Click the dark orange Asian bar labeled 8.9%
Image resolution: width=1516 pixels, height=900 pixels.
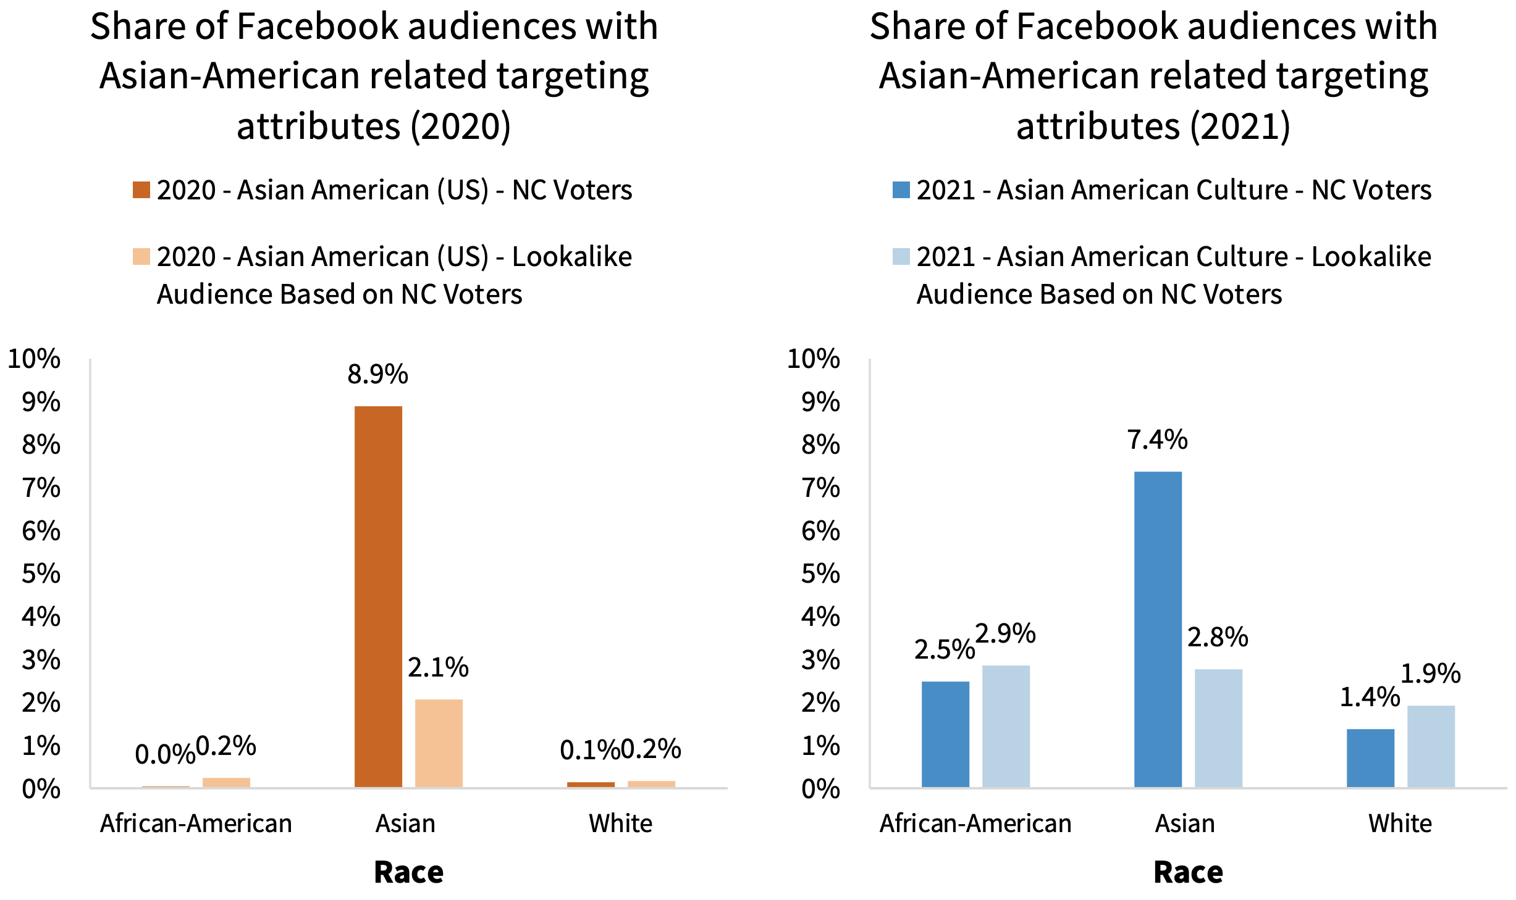click(378, 596)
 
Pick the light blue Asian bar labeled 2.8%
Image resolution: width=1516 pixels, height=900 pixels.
click(1218, 728)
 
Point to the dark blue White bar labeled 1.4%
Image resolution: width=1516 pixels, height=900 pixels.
click(1370, 757)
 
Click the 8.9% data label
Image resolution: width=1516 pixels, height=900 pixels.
click(377, 375)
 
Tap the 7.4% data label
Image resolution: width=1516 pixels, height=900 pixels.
click(1157, 440)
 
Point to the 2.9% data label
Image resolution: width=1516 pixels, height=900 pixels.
click(1005, 634)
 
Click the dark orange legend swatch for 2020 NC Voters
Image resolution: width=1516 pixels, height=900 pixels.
click(141, 190)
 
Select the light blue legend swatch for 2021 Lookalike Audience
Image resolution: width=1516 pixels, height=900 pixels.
click(901, 257)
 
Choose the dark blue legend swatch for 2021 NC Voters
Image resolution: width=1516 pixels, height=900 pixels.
click(901, 190)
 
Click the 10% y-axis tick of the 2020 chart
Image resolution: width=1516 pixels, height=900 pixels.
click(34, 359)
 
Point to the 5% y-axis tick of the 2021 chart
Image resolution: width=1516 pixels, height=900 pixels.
click(820, 574)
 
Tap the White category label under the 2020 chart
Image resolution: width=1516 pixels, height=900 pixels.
click(620, 823)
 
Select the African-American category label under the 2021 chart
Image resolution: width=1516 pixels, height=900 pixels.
click(975, 823)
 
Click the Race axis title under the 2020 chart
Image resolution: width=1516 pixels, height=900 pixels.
click(408, 872)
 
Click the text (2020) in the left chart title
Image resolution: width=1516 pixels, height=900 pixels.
click(460, 127)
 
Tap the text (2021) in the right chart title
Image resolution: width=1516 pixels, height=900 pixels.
click(1240, 127)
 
